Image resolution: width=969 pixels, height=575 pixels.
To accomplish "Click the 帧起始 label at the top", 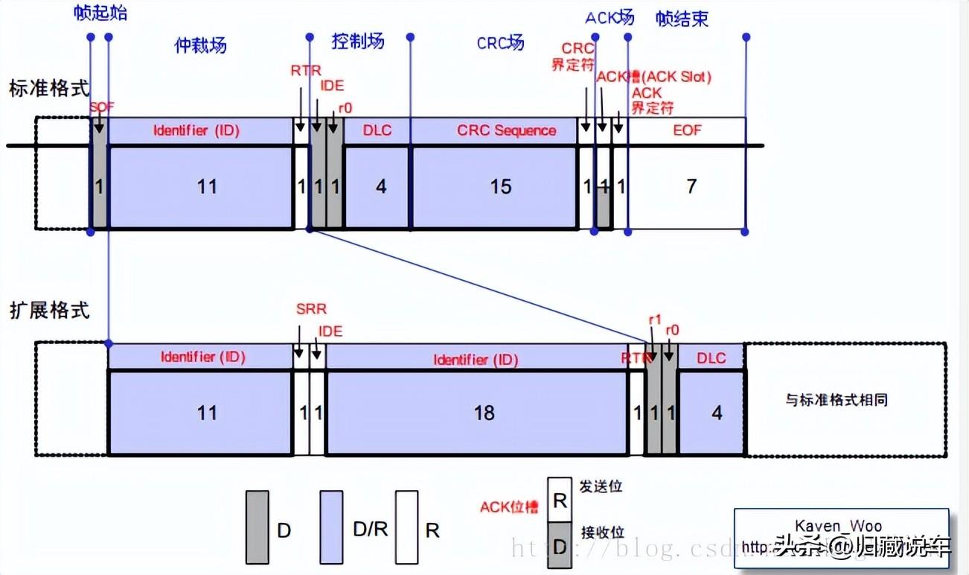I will [x=100, y=13].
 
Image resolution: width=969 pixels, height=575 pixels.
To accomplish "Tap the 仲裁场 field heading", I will [x=200, y=45].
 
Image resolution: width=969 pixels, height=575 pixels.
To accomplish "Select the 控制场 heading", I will [x=358, y=41].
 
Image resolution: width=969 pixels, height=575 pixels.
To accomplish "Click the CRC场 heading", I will [x=500, y=42].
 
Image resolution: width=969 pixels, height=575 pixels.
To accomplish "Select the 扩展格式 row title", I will [x=49, y=310].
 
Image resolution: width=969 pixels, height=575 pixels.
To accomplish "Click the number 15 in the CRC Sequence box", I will [x=501, y=186].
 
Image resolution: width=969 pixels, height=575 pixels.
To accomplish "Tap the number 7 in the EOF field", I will [x=691, y=186].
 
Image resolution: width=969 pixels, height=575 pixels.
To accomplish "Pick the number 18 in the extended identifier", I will [x=484, y=413].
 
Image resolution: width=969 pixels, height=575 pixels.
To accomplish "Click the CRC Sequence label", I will [x=506, y=130].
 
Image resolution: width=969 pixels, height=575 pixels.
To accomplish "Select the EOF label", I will [x=687, y=130].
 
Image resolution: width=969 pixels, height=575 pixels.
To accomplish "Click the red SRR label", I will [x=310, y=309].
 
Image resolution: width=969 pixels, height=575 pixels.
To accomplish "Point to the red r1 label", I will [x=655, y=320].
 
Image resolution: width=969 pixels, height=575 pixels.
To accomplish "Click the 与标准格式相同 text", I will [x=837, y=400].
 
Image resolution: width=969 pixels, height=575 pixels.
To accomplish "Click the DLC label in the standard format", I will [x=377, y=130].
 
